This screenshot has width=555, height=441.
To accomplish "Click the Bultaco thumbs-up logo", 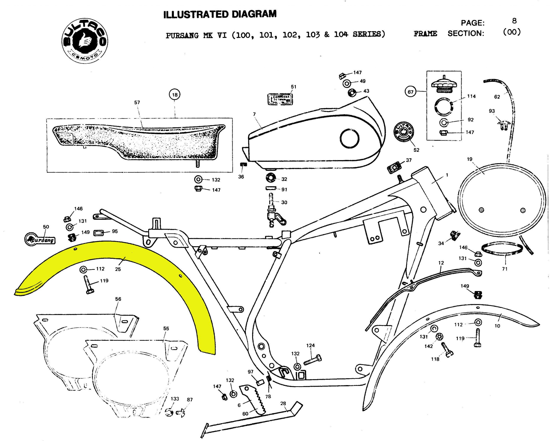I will pyautogui.click(x=85, y=41).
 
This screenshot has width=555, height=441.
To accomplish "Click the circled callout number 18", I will pyautogui.click(x=175, y=95).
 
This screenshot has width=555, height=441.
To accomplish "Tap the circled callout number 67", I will pyautogui.click(x=410, y=92).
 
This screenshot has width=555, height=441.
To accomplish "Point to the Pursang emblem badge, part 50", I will pyautogui.click(x=40, y=240).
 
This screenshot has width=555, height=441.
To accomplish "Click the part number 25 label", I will pyautogui.click(x=118, y=269).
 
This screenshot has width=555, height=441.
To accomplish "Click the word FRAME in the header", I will pyautogui.click(x=425, y=34).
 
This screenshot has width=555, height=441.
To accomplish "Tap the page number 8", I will pyautogui.click(x=514, y=21).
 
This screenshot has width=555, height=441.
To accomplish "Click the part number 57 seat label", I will pyautogui.click(x=137, y=103).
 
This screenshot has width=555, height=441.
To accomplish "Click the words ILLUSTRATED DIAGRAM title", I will pyautogui.click(x=220, y=14).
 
